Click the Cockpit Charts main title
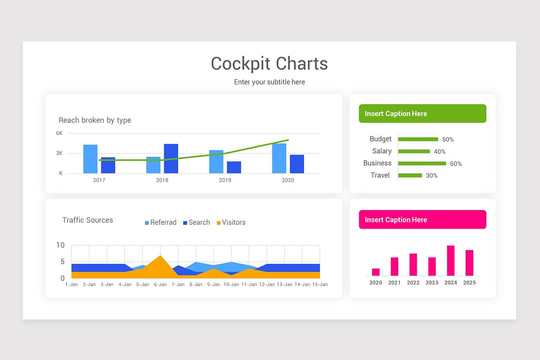point(269,63)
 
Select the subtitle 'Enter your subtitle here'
point(269,82)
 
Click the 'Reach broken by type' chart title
point(95,120)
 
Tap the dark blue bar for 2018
point(171,158)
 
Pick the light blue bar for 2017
point(90,159)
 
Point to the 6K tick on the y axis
point(59,133)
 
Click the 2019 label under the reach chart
point(225,180)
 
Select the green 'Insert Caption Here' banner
point(422,113)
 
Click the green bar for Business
point(422,163)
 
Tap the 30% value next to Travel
point(432,175)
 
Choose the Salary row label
point(382,151)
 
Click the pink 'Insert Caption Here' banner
point(422,220)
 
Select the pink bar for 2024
point(450,261)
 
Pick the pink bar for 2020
point(376,272)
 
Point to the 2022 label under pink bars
point(413,283)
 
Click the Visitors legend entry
point(231,222)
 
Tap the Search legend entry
point(196,222)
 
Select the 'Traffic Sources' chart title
point(88,220)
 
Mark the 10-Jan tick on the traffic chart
point(231,284)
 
